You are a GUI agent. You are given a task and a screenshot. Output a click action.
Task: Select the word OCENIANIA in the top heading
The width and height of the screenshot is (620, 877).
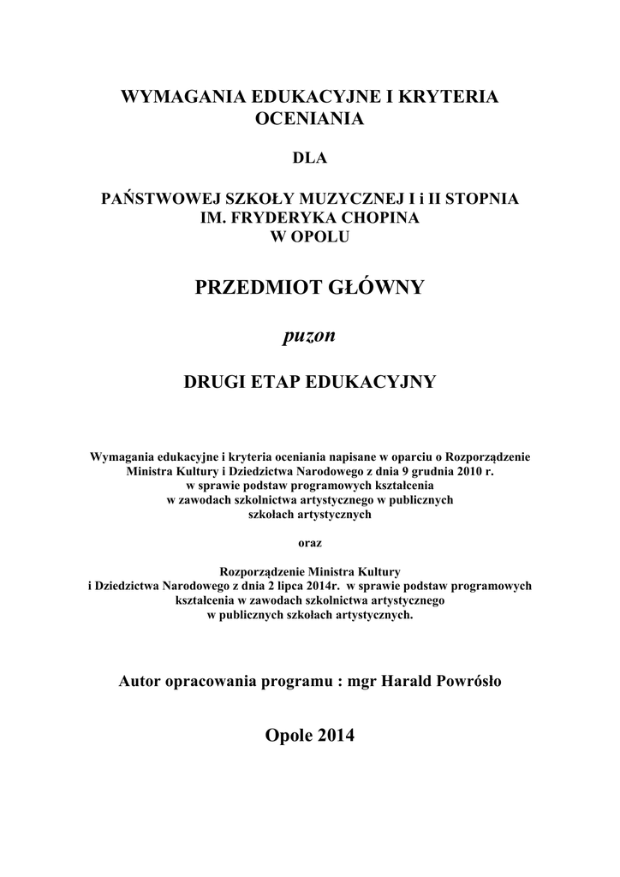coord(310,118)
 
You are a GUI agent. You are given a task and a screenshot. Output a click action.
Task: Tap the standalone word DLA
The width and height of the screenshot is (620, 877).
coord(310,158)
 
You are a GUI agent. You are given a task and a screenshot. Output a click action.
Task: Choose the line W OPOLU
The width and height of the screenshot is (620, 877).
coord(310,237)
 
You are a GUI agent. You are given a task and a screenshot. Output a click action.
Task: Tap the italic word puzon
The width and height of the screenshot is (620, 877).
coord(309,336)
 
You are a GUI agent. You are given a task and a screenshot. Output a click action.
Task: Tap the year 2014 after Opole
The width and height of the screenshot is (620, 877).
coord(334,736)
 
